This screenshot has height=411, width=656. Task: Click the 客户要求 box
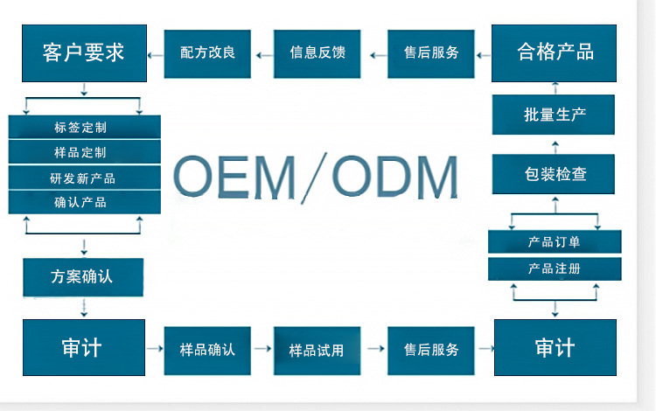tap(84, 53)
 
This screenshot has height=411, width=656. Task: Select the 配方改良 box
tap(207, 54)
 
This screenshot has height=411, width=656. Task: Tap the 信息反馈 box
tap(318, 54)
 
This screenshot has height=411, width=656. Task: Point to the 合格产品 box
tap(554, 53)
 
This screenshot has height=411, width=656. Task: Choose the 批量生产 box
tap(554, 115)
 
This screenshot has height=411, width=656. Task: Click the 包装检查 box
tap(554, 174)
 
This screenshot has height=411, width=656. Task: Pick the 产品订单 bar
tap(555, 241)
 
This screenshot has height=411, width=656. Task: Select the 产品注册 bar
tap(555, 268)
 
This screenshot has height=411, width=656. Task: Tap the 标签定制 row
tap(85, 127)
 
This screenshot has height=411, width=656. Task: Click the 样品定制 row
tap(85, 152)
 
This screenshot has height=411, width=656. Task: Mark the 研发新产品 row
tap(85, 178)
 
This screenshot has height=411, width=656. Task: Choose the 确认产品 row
tap(85, 202)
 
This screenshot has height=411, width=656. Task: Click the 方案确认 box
tap(83, 277)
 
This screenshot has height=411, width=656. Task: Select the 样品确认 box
tap(207, 351)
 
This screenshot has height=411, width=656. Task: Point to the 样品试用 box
tap(318, 351)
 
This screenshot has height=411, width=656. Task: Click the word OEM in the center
tap(234, 176)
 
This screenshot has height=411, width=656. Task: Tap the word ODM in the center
tap(395, 176)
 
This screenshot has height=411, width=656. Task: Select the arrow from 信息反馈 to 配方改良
tap(264, 55)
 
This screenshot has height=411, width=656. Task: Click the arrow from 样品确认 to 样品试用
tap(262, 348)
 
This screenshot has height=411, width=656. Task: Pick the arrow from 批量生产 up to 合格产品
tap(555, 87)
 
